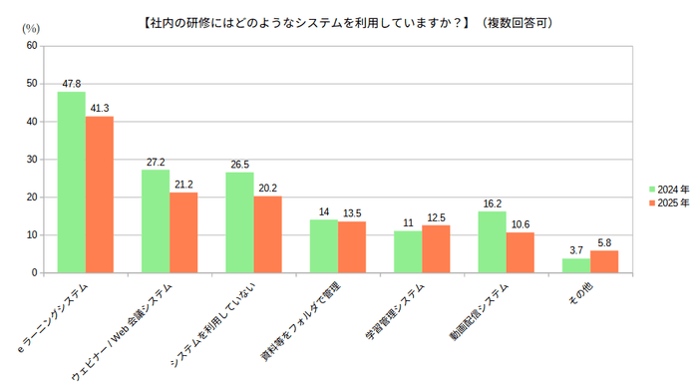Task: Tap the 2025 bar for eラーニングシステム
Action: point(99,195)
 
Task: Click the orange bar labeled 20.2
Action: point(267,234)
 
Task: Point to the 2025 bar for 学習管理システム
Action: point(436,249)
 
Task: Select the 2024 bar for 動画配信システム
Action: point(492,242)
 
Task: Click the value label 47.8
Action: point(71,84)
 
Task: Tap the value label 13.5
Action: point(352,213)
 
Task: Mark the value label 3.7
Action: point(575,250)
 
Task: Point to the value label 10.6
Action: point(521,224)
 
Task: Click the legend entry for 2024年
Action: point(667,189)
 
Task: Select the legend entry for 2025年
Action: point(667,202)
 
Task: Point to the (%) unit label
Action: point(31,28)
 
